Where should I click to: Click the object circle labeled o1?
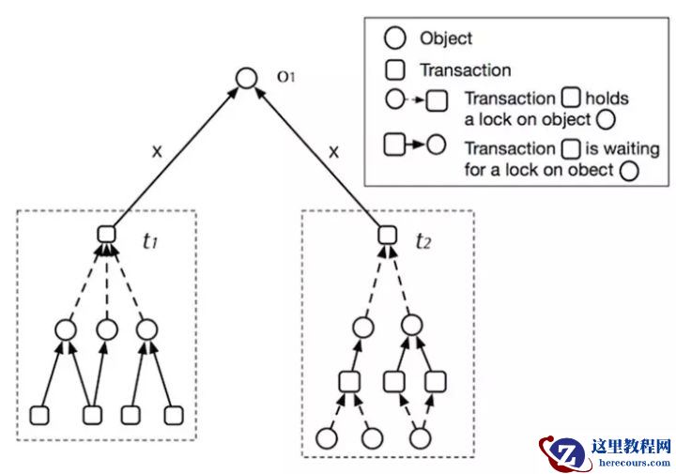246,78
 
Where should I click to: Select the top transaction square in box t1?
106,235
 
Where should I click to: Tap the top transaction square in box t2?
384,235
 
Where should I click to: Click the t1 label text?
148,240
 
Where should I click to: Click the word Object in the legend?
446,38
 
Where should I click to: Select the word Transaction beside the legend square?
466,69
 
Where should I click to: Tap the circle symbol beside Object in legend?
396,38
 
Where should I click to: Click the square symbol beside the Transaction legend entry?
396,69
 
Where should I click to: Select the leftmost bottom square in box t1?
39,415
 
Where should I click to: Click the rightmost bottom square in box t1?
172,415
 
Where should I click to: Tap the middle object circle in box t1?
107,329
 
